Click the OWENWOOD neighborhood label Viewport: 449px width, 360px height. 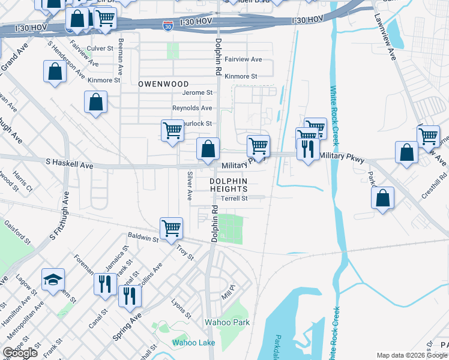pos(163,84)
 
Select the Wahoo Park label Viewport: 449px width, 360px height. pos(228,322)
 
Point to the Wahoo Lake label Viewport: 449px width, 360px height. pos(193,343)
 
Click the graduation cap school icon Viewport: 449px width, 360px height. pos(53,279)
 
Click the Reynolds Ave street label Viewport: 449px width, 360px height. pos(192,108)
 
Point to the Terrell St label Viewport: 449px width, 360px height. pos(234,198)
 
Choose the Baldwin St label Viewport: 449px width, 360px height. pos(146,239)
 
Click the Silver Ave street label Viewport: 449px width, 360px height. pos(189,186)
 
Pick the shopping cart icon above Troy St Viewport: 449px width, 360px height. pos(172,228)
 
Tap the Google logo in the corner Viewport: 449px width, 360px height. pos(20,353)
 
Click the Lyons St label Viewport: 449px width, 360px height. pos(181,308)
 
